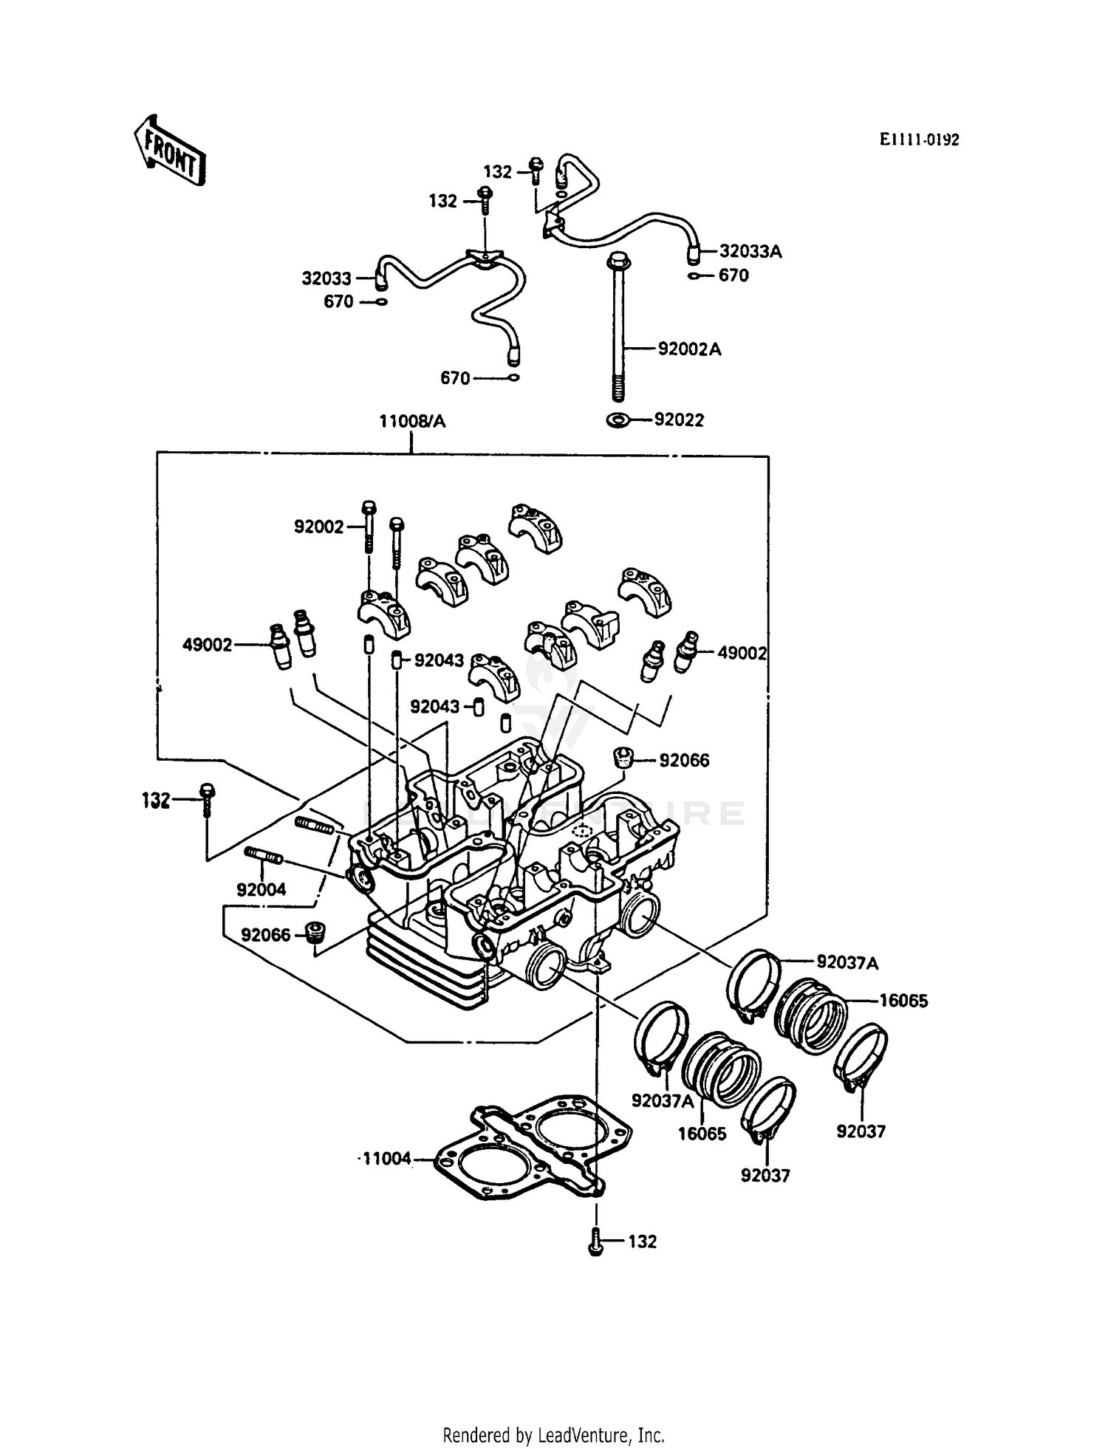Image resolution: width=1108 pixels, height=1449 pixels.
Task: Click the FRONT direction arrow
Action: [169, 150]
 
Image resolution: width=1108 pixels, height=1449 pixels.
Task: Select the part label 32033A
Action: [750, 252]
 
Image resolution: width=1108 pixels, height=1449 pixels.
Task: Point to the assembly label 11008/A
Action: [412, 422]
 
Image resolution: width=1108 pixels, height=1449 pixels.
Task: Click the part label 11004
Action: [386, 1159]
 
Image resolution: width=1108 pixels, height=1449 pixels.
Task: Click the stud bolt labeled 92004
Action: [262, 857]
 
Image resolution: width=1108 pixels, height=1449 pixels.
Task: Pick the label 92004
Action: [261, 890]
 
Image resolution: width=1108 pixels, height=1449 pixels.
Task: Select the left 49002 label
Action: [208, 645]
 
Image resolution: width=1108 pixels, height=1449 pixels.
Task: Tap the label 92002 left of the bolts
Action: [319, 527]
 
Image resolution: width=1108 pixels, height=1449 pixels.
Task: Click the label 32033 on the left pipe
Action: [326, 278]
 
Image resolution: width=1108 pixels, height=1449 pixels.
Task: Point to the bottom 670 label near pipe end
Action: [455, 378]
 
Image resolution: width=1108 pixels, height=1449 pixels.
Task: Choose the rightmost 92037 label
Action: [861, 1131]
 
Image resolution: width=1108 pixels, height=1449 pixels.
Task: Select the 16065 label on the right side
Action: [903, 1001]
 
